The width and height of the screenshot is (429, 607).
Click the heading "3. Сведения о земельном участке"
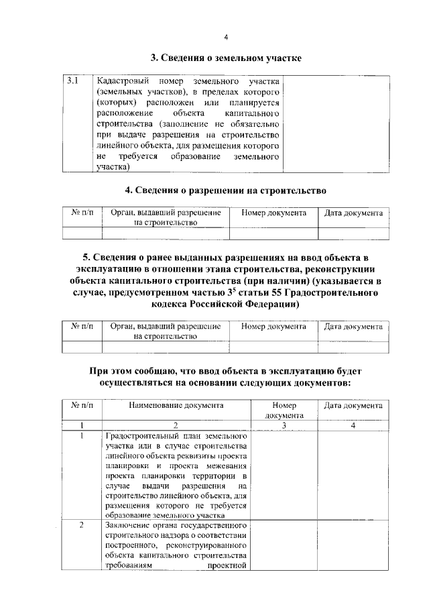(225, 58)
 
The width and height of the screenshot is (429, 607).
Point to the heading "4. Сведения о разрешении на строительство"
(225, 190)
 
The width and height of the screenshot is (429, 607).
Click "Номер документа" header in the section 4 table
(273, 213)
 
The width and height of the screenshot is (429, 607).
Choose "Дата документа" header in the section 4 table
(353, 213)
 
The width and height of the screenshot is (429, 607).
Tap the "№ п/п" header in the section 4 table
(82, 213)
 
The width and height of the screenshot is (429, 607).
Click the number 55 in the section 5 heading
(278, 292)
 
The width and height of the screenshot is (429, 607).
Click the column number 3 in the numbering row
(284, 425)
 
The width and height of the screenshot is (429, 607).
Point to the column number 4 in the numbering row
(353, 425)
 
